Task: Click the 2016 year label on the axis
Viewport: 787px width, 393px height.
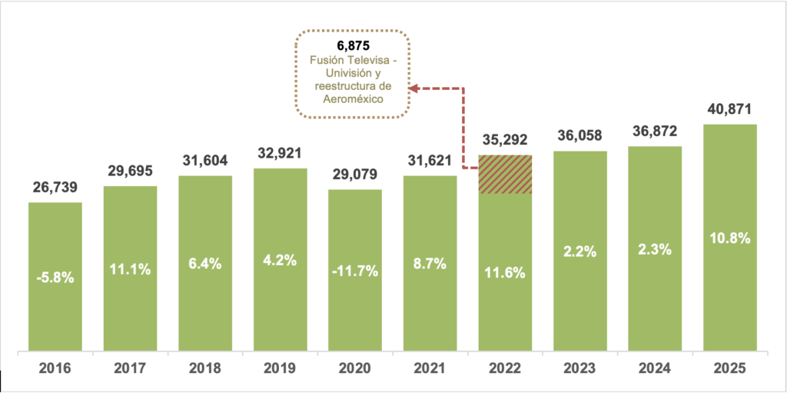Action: (x=54, y=368)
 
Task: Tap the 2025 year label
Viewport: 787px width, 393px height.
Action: (x=730, y=368)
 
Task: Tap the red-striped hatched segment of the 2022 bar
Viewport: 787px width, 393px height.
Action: (x=505, y=174)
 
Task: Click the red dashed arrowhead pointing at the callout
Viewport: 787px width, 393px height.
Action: (x=413, y=88)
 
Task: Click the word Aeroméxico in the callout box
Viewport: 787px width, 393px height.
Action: (x=353, y=100)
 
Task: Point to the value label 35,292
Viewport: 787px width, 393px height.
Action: (x=505, y=141)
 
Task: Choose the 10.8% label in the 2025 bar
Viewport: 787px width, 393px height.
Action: (x=730, y=238)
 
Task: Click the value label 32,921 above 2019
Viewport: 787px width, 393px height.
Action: (x=280, y=154)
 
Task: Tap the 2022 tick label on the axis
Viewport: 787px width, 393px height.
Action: (x=505, y=368)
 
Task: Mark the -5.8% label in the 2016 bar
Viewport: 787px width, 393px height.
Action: (x=55, y=277)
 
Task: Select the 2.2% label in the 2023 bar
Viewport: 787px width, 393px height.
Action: (x=580, y=250)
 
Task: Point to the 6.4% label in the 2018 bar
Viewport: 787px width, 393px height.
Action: (x=205, y=263)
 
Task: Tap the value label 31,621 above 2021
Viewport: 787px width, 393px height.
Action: (x=430, y=162)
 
